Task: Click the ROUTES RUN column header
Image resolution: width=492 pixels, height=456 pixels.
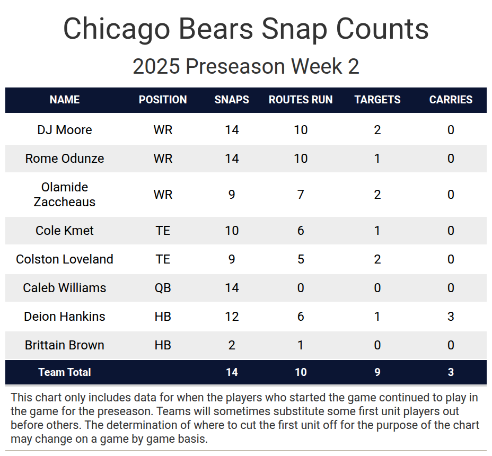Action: tap(301, 100)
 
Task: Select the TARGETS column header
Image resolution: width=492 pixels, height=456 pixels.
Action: tap(377, 100)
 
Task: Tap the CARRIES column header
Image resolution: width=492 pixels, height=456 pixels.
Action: tap(451, 100)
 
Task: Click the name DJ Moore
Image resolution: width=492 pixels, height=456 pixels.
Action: tap(65, 130)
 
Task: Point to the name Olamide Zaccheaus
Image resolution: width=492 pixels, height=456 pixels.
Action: tap(65, 195)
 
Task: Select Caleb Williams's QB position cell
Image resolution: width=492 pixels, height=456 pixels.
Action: tap(163, 288)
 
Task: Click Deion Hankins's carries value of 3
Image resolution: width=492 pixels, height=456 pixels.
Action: tap(451, 317)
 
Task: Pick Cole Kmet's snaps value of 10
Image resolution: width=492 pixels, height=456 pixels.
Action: tap(232, 231)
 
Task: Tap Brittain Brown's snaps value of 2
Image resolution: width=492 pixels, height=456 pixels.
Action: tap(232, 345)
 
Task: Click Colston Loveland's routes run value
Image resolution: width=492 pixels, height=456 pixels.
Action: tap(301, 259)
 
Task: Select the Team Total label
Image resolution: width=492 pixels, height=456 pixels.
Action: tap(65, 372)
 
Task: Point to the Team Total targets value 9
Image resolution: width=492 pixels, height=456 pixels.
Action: tap(377, 372)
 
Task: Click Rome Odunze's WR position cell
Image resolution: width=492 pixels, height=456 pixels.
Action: tap(163, 159)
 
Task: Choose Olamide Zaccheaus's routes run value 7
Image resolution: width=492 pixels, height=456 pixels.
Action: tap(301, 195)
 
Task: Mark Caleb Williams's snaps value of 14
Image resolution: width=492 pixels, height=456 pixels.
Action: tap(232, 288)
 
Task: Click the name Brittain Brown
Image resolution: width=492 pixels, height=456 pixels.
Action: tap(65, 345)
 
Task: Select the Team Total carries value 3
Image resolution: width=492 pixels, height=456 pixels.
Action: tap(451, 372)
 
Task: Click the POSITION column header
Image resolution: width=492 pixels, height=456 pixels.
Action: tap(163, 100)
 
